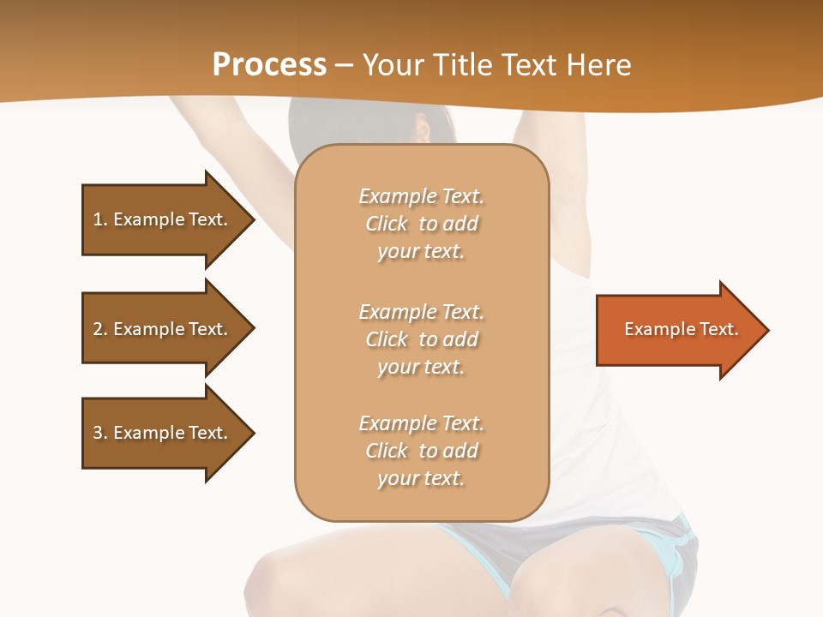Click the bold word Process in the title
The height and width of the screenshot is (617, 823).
(269, 65)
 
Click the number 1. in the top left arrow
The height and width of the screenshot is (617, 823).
(99, 219)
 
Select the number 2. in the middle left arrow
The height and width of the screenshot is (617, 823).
(99, 329)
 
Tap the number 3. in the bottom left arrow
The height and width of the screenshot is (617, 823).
(99, 433)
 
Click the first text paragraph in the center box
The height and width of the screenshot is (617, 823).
(421, 224)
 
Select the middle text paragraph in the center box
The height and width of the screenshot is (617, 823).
(421, 339)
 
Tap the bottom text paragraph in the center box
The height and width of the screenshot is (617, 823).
(421, 451)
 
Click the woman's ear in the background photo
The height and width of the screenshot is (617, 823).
(421, 129)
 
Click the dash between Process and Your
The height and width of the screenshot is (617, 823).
(344, 65)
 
